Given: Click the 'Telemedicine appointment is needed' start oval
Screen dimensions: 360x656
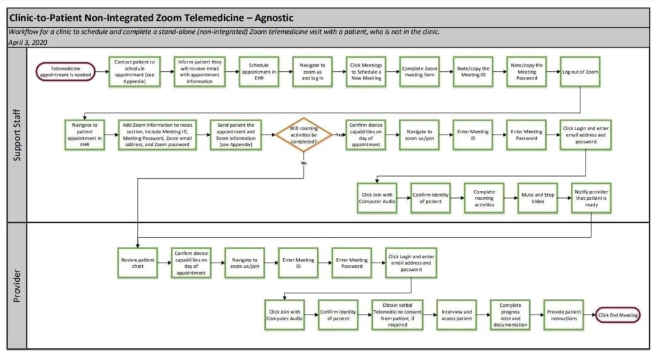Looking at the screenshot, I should pyautogui.click(x=66, y=71).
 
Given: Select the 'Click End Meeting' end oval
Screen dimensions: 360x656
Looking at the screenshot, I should pyautogui.click(x=618, y=315).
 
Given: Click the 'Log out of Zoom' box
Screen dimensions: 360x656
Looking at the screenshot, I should pyautogui.click(x=580, y=72).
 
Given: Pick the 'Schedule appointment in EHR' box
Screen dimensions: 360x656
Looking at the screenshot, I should pyautogui.click(x=258, y=72).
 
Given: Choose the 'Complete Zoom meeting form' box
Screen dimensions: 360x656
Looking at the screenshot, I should pyautogui.click(x=420, y=72).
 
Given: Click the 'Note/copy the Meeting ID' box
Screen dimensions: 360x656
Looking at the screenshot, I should pyautogui.click(x=474, y=72).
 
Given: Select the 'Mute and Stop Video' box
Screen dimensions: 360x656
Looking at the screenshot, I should pyautogui.click(x=537, y=198).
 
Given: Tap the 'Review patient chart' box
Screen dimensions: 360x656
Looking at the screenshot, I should pyautogui.click(x=138, y=263).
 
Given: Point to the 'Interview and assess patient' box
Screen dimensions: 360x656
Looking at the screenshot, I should pyautogui.click(x=456, y=315).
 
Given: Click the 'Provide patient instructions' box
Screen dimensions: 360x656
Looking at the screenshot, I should pyautogui.click(x=564, y=315).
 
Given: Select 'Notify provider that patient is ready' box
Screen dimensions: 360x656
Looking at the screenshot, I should pyautogui.click(x=591, y=198).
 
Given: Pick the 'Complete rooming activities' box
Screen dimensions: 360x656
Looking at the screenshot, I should pyautogui.click(x=484, y=198).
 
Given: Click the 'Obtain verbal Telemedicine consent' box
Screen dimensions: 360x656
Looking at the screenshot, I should pyautogui.click(x=398, y=315).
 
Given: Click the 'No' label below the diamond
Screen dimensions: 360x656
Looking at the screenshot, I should pyautogui.click(x=303, y=163).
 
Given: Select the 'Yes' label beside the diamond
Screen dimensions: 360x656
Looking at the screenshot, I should pyautogui.click(x=339, y=135).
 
